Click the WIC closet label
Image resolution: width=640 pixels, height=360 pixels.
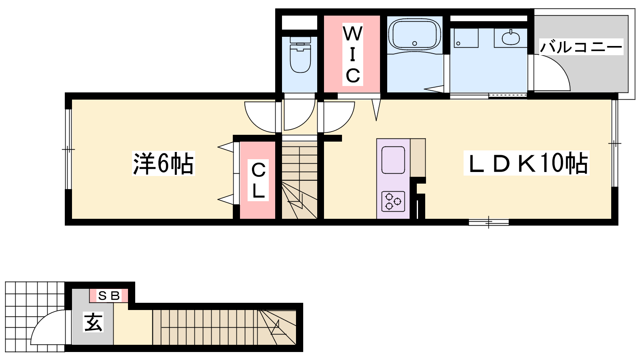click(352, 54)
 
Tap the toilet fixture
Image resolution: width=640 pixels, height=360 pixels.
click(300, 54)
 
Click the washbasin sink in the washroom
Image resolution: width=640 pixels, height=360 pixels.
click(510, 38)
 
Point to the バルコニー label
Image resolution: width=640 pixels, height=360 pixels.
click(581, 46)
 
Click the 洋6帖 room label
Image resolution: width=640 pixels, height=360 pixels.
click(163, 163)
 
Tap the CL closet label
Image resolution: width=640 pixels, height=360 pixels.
click(258, 180)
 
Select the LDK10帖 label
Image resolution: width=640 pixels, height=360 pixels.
click(526, 163)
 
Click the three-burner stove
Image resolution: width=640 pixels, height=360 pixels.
click(393, 202)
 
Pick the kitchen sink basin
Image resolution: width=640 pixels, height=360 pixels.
click(393, 160)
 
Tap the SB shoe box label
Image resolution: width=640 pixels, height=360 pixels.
click(108, 296)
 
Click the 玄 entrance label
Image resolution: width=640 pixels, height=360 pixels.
click(93, 322)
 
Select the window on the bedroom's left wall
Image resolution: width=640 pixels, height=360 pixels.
click(68, 149)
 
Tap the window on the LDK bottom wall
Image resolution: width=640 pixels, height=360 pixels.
click(488, 222)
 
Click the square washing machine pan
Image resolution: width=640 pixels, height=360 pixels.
click(466, 38)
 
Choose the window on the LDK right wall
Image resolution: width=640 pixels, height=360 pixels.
click(614, 143)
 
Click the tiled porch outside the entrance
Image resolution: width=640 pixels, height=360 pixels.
click(35, 317)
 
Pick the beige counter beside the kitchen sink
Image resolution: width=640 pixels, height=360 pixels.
click(418, 158)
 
